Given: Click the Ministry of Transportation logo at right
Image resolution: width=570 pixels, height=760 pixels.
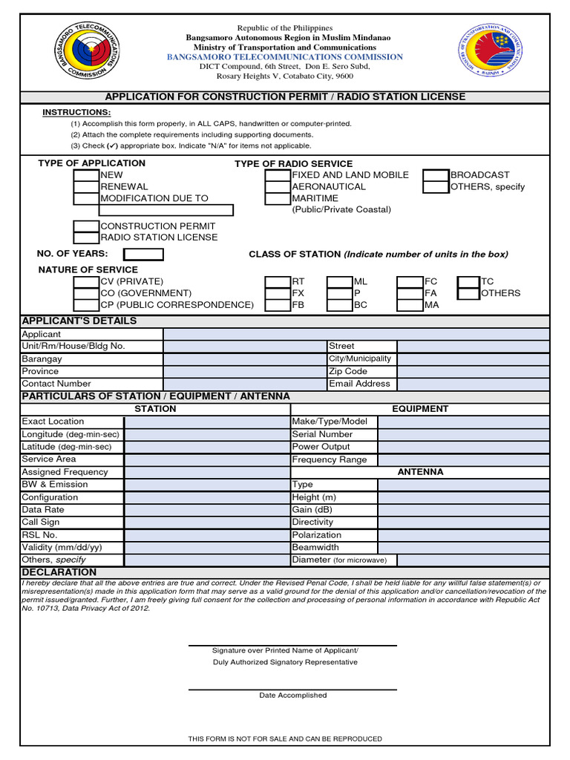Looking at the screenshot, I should click(491, 54).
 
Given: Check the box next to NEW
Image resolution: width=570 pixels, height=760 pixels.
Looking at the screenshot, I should click(86, 175).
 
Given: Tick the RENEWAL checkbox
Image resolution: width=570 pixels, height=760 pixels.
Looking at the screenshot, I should click(86, 187).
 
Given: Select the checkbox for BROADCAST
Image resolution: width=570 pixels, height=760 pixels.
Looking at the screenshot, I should click(436, 175).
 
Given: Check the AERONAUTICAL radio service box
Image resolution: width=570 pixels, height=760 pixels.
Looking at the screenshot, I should click(278, 187).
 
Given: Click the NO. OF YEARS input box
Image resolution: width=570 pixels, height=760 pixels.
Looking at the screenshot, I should click(143, 255).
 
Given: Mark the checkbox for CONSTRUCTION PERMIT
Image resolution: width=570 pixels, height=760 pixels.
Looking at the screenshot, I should click(86, 226).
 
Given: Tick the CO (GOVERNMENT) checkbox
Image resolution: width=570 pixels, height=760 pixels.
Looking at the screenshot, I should click(86, 293).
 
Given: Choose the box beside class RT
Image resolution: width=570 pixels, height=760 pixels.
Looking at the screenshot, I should click(278, 281).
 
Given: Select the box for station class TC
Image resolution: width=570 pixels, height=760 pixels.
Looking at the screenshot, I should click(468, 281).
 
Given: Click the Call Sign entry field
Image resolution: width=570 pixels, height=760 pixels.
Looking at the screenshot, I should click(207, 522).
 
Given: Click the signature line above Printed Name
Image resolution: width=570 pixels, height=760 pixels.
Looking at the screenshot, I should click(292, 644).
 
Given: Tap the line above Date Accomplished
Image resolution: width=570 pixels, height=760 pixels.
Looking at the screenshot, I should click(292, 689).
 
